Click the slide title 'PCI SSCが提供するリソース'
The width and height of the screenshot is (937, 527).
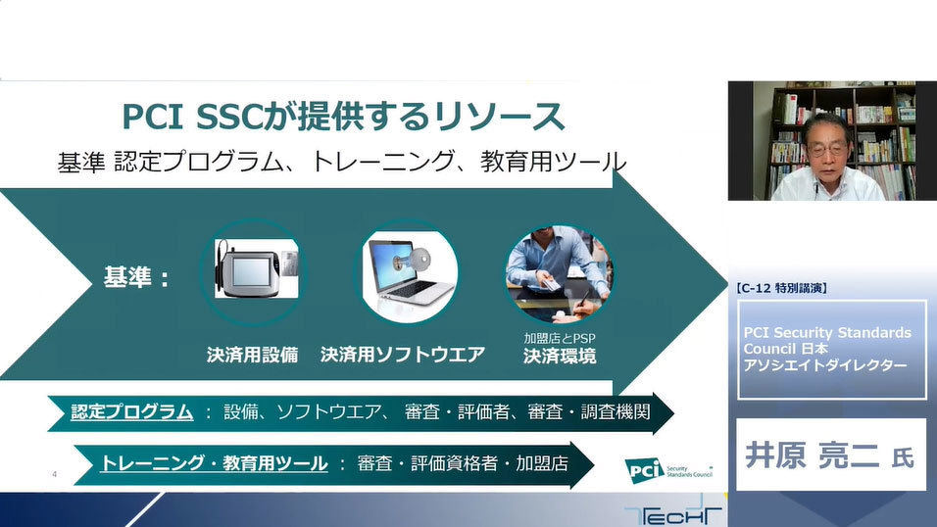tap(343, 116)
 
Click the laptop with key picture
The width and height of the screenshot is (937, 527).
tap(408, 272)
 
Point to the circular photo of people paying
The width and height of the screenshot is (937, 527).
tap(558, 273)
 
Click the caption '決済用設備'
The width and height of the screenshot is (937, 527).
tap(252, 355)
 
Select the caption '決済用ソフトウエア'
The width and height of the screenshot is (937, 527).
tap(402, 355)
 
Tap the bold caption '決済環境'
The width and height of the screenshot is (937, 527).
tap(560, 357)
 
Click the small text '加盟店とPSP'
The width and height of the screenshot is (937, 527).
tap(560, 338)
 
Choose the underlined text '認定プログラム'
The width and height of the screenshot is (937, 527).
tap(132, 411)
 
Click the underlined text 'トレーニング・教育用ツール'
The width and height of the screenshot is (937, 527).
tap(214, 463)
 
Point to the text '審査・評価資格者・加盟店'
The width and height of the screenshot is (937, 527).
tap(463, 463)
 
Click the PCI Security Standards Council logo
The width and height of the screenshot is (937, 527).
tap(668, 470)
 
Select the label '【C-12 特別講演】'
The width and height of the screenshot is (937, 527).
tap(782, 288)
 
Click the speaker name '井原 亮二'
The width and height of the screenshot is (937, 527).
tap(812, 455)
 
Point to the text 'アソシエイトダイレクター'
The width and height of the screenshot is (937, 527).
tap(825, 365)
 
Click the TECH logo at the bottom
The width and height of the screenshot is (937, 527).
tap(673, 515)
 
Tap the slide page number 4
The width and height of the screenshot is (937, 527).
tap(54, 474)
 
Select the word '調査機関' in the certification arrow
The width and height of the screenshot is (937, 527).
tap(616, 411)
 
